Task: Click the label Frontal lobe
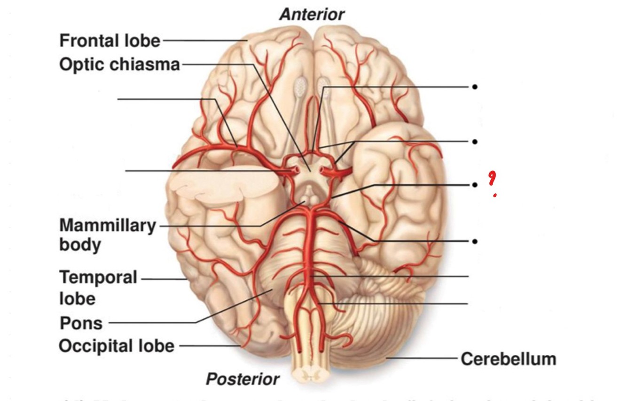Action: (110, 41)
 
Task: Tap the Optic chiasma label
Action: (119, 64)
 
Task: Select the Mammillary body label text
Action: (107, 235)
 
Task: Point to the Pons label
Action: (81, 323)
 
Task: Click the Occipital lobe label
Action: (116, 346)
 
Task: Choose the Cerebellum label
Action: (508, 359)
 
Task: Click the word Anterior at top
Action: (312, 15)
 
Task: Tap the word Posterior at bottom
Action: (243, 379)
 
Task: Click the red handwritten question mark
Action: (492, 181)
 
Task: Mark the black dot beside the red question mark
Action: (475, 185)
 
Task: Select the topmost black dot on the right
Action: (475, 87)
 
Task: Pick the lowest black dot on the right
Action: (475, 241)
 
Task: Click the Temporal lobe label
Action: (97, 288)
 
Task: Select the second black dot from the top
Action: (475, 141)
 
